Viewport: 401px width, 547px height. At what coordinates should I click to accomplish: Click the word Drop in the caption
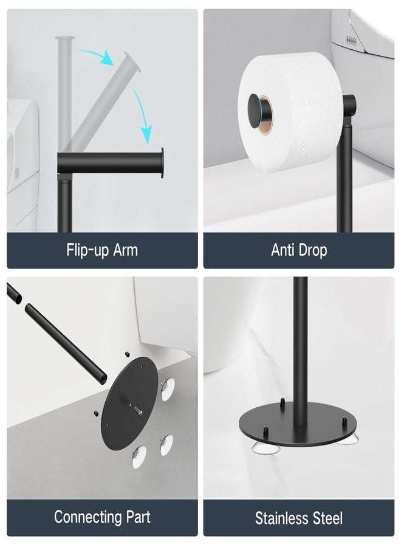[x=314, y=250]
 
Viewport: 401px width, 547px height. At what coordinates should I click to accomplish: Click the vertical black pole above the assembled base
[x=300, y=340]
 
